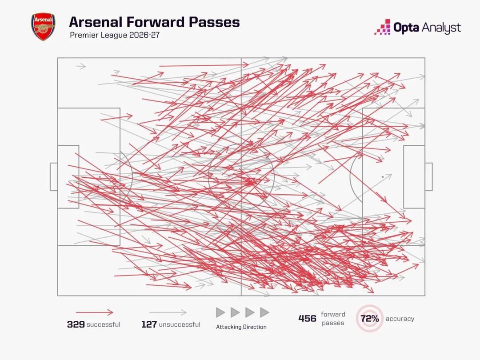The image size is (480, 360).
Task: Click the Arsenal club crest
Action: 43,27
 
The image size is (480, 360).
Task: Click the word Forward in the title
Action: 155,22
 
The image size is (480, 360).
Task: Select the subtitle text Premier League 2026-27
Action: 115,35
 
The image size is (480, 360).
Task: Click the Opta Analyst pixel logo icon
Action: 382,27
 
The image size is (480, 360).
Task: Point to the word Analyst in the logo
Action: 441,28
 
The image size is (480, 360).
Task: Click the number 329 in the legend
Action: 76,324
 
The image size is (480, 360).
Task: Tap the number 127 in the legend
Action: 149,324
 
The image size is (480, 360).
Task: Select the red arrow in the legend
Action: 95,312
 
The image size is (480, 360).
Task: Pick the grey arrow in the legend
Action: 168,312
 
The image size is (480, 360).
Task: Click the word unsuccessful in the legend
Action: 180,324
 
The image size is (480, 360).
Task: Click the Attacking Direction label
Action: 241,327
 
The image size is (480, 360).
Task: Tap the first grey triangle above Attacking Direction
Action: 220,312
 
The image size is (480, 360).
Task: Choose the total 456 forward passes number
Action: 308,318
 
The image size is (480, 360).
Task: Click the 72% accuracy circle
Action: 369,318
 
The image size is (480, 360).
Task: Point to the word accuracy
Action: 400,319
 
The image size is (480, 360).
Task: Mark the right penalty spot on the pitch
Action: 383,176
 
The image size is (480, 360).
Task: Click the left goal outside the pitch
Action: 54,176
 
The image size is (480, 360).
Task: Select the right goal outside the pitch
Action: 428,176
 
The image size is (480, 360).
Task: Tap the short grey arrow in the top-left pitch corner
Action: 81,66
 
